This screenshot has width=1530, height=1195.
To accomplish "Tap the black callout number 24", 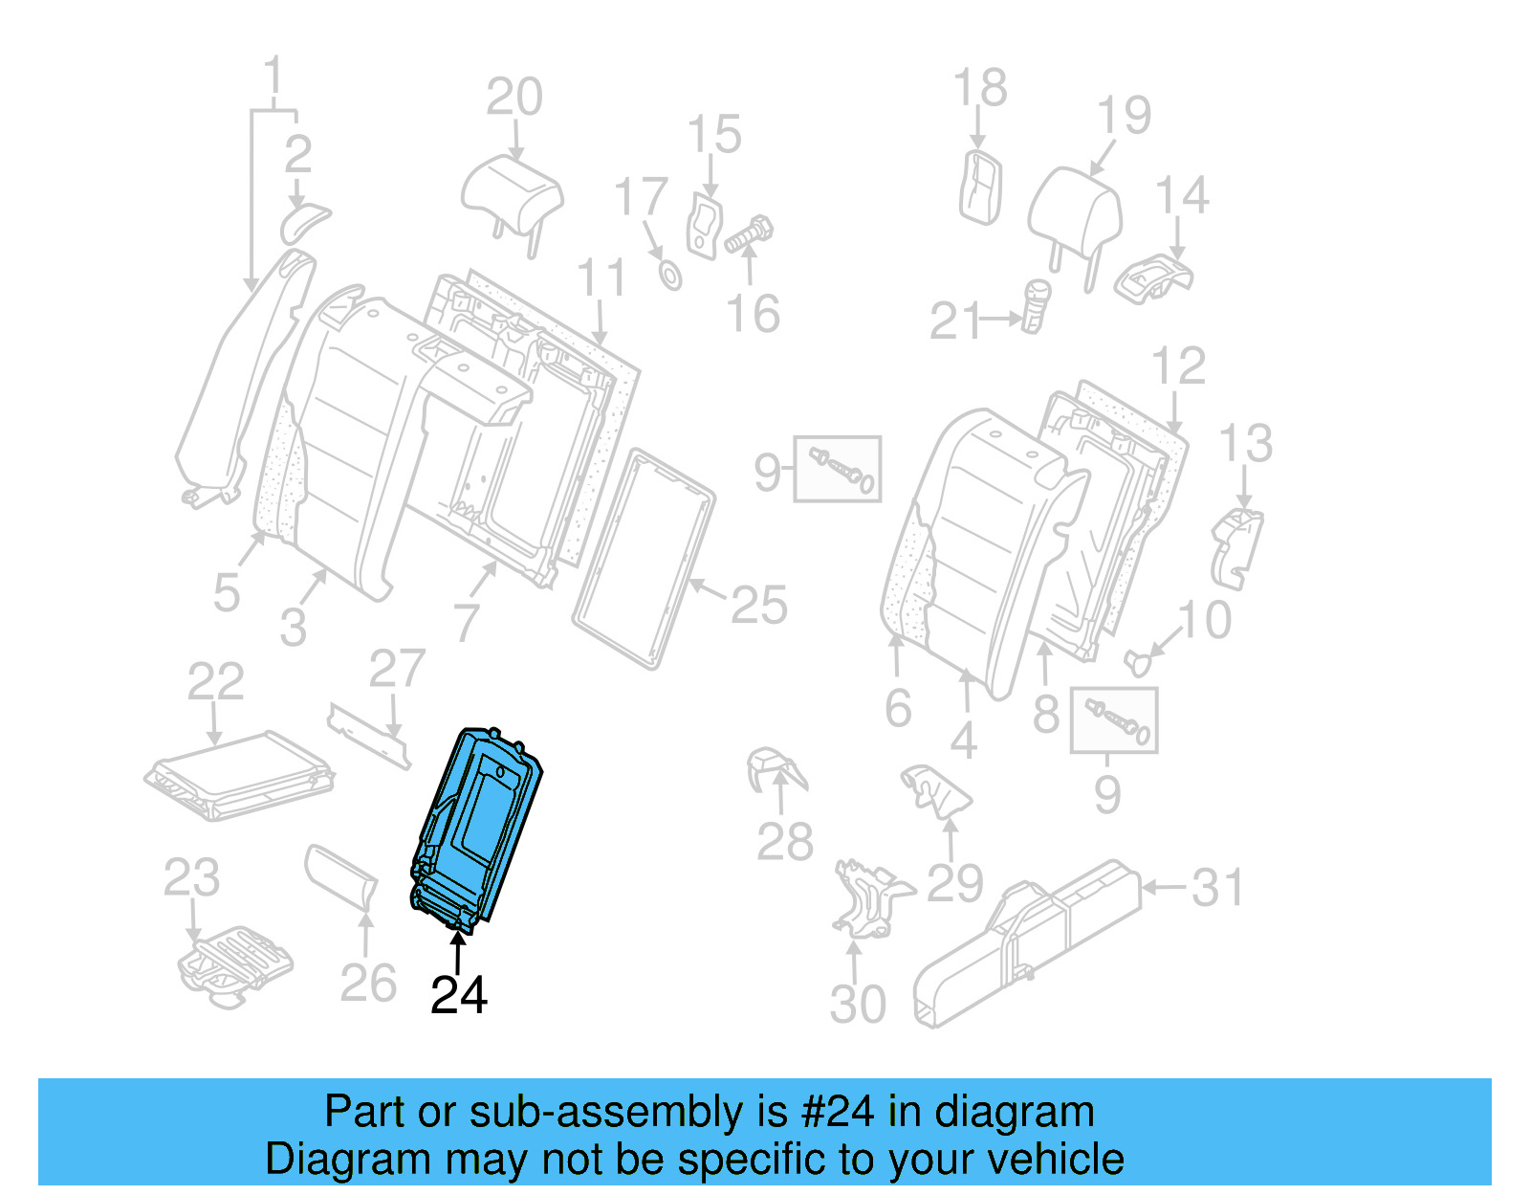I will (459, 996).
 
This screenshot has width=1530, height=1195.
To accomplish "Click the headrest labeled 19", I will (1075, 211).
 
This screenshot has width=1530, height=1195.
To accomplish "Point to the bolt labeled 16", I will (750, 235).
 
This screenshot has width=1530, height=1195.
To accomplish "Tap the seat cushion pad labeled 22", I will (239, 775).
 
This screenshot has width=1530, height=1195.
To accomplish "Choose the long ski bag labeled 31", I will (1028, 941).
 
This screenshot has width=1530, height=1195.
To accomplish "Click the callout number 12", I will (1178, 366).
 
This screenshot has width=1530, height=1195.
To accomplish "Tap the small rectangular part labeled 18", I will (981, 188).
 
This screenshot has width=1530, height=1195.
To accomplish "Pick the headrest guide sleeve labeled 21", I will (1036, 304).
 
